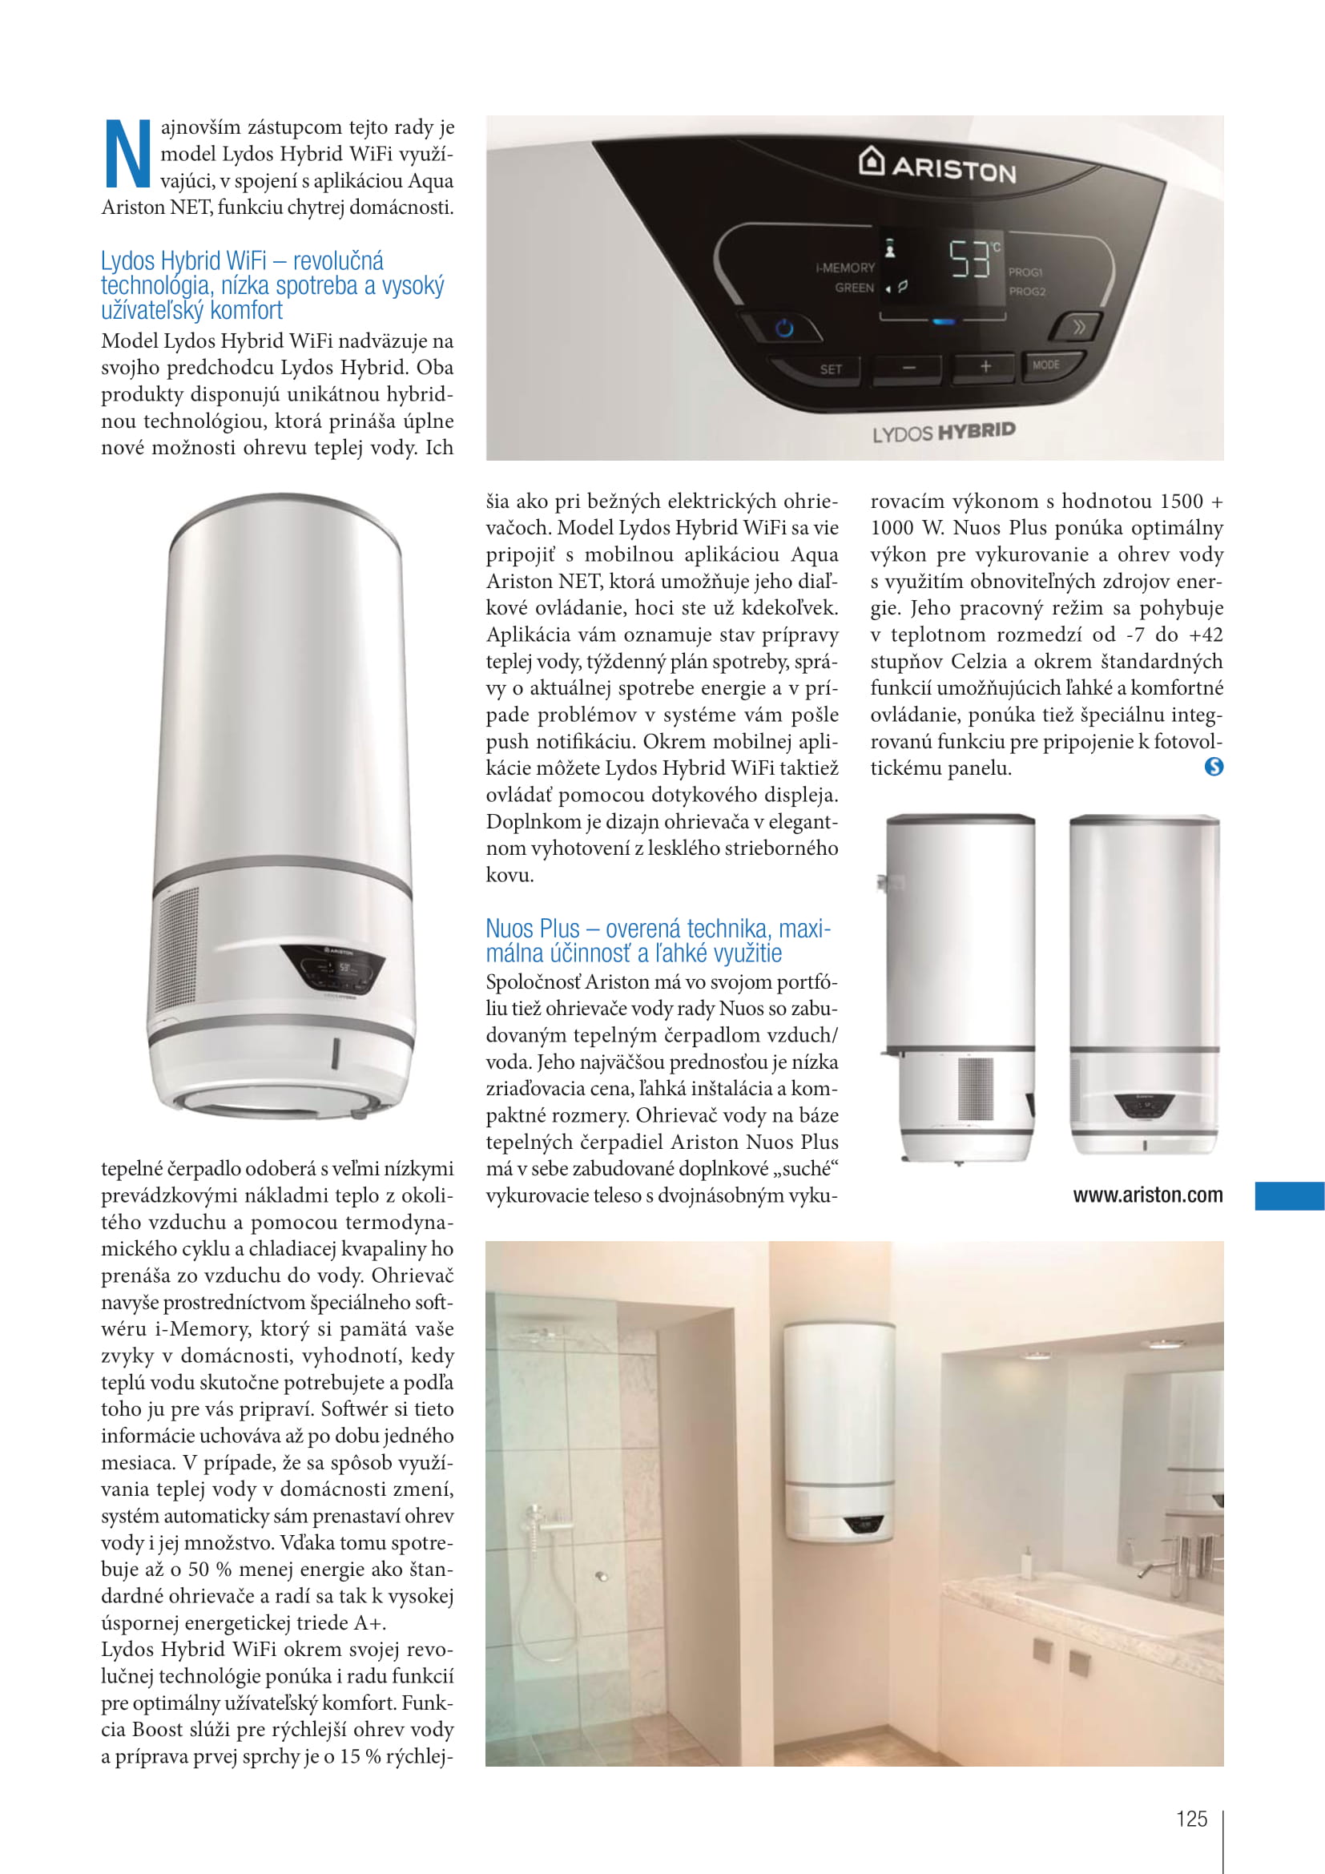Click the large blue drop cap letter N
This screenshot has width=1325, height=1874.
(x=128, y=155)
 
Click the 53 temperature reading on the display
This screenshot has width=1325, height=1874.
(x=969, y=260)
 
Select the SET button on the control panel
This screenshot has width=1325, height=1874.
(x=831, y=369)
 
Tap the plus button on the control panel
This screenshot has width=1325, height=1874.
(x=985, y=366)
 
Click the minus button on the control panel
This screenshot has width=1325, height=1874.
(x=909, y=368)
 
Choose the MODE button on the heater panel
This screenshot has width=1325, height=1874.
(x=1046, y=365)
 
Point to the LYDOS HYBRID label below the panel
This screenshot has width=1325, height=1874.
(x=944, y=432)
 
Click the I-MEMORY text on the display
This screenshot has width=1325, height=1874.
(x=844, y=268)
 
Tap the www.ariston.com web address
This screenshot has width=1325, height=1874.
(x=1147, y=1195)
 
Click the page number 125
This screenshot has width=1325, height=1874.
(x=1191, y=1819)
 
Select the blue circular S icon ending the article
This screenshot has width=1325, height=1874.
(x=1213, y=767)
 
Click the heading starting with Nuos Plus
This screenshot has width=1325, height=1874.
(x=658, y=941)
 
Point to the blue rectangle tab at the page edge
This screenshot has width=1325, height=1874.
(x=1289, y=1195)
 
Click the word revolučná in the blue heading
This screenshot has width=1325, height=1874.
(x=338, y=261)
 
